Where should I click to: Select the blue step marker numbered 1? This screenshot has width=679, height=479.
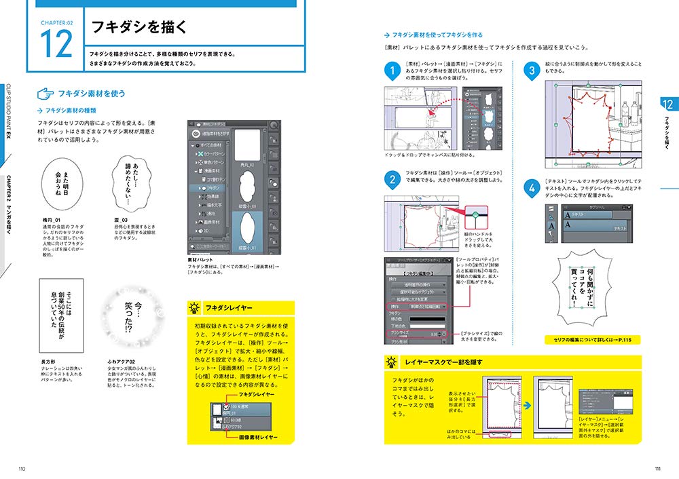click(391, 71)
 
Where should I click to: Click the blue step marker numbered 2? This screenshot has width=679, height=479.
click(391, 180)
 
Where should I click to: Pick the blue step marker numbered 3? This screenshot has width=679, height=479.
click(532, 71)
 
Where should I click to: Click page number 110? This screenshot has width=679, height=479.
click(22, 468)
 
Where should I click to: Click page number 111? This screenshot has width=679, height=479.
click(657, 468)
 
